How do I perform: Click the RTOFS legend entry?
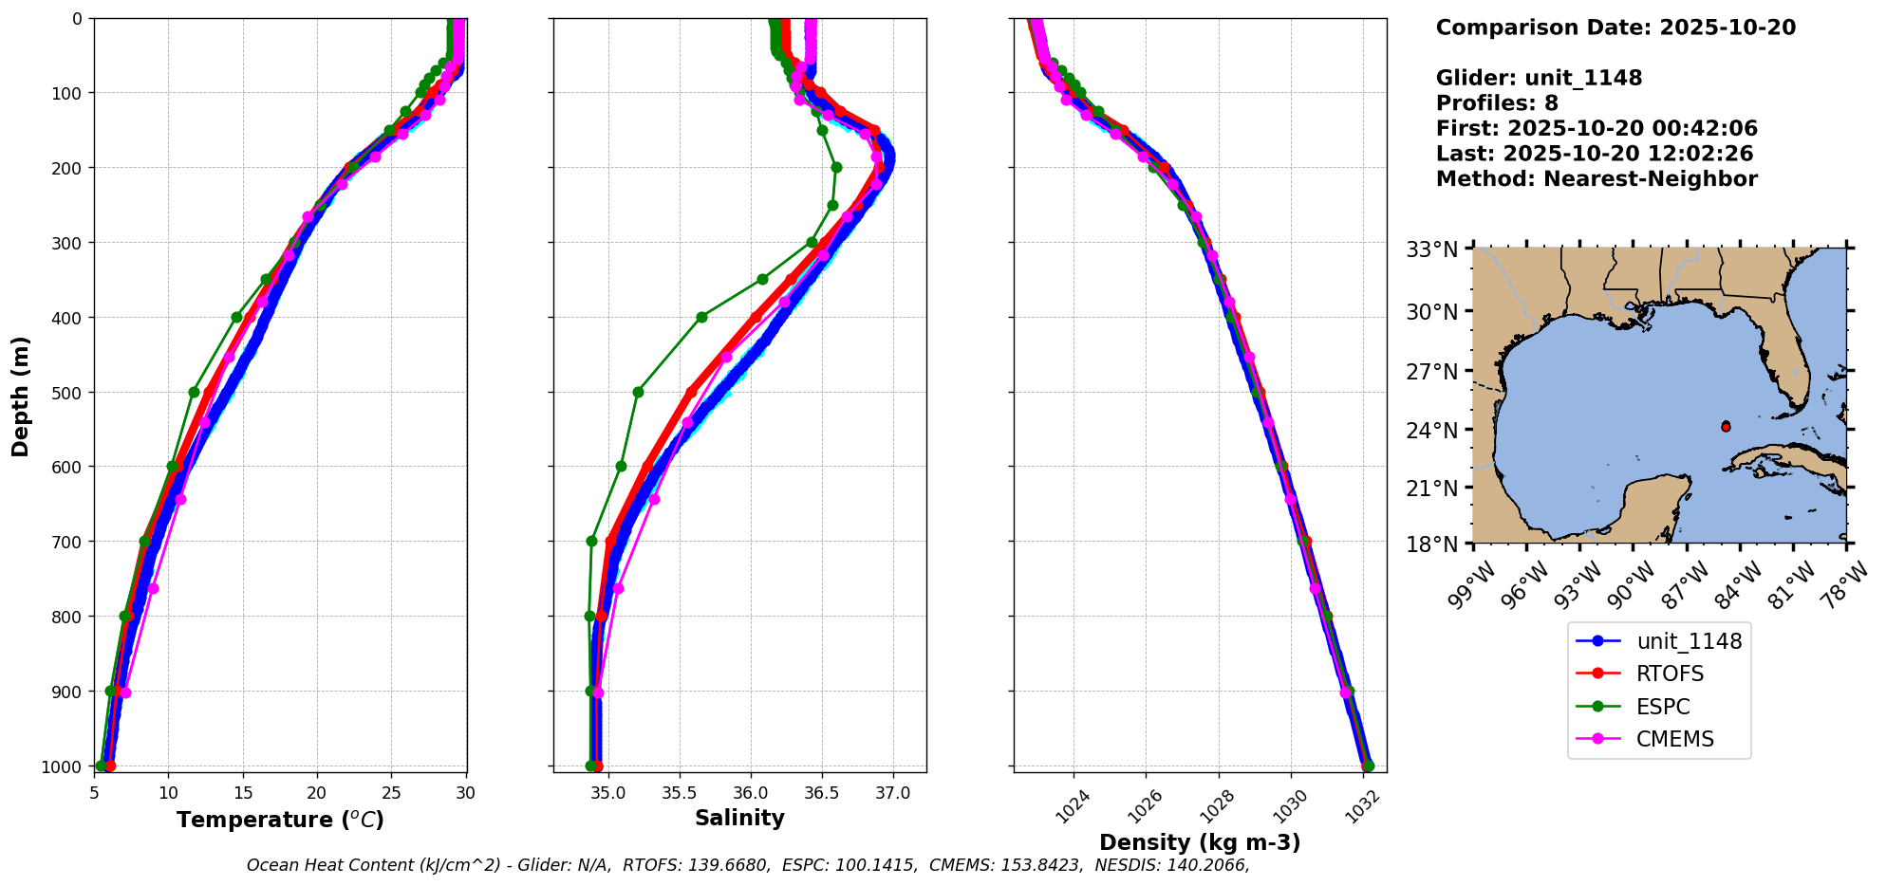(1670, 674)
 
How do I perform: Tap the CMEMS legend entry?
(1674, 739)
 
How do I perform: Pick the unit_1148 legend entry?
(1689, 641)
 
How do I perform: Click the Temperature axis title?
(280, 820)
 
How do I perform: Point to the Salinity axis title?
(739, 818)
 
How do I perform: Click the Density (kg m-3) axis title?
(1200, 842)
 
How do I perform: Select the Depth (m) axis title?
(21, 396)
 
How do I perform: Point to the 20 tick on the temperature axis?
(317, 793)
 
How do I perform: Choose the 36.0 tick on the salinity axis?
(750, 793)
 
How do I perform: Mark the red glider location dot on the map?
(1726, 427)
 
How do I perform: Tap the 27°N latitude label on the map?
(1431, 371)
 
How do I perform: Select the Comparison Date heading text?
(1615, 28)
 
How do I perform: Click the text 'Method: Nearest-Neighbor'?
(1597, 179)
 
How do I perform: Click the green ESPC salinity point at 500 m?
(638, 392)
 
